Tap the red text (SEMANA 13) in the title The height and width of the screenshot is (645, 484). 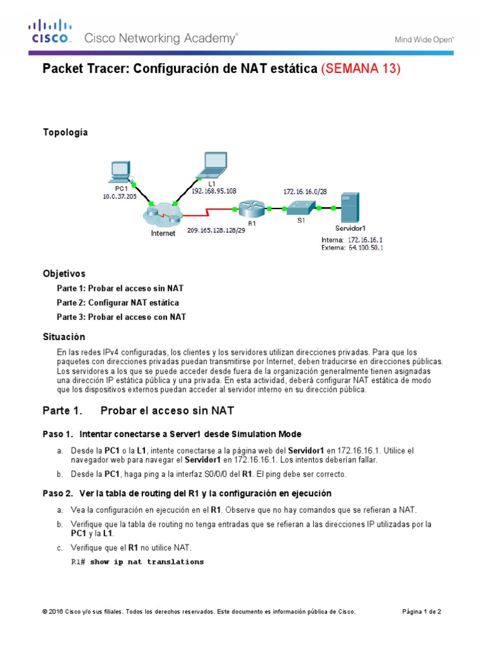pyautogui.click(x=361, y=69)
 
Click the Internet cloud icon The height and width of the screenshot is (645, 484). pyautogui.click(x=162, y=216)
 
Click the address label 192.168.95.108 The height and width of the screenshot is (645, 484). pyautogui.click(x=214, y=191)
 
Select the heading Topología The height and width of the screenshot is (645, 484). pyautogui.click(x=65, y=132)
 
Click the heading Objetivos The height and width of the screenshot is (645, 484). pyautogui.click(x=64, y=274)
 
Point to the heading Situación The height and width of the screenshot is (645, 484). pyautogui.click(x=63, y=337)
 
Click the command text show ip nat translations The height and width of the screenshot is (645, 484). pyautogui.click(x=147, y=562)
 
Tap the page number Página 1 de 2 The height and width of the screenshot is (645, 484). pyautogui.click(x=422, y=612)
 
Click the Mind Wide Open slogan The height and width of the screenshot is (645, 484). pyautogui.click(x=424, y=39)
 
